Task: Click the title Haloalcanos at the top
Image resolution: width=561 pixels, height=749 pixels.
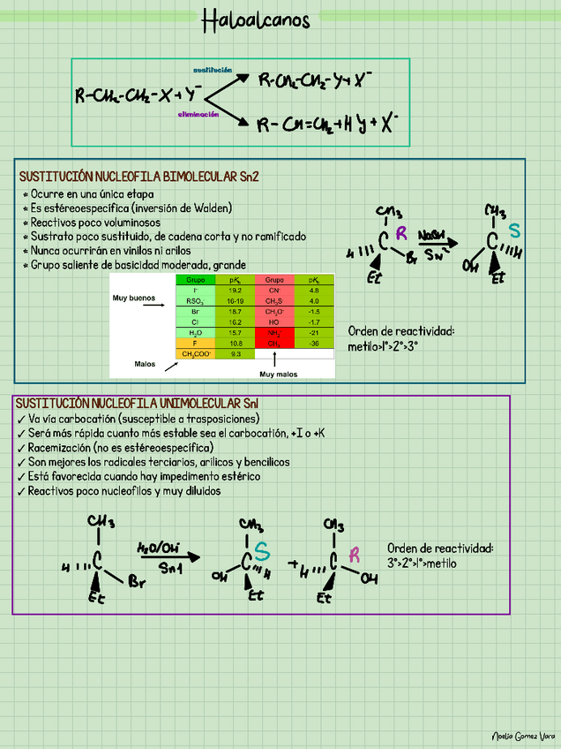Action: pyautogui.click(x=256, y=20)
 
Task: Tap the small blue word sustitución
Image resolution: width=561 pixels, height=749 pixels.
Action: pyautogui.click(x=213, y=69)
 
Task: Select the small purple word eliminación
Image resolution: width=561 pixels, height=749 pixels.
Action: pyautogui.click(x=198, y=115)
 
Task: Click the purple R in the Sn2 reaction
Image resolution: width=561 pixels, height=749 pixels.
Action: pyautogui.click(x=401, y=233)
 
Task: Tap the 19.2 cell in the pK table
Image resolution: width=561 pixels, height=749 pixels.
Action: pyautogui.click(x=235, y=290)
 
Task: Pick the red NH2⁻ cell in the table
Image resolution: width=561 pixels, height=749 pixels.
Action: pyautogui.click(x=273, y=332)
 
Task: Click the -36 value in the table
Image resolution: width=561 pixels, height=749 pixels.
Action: pyautogui.click(x=314, y=343)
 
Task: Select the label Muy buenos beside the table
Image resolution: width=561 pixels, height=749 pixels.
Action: pyautogui.click(x=133, y=299)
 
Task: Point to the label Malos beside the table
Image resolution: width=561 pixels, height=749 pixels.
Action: pyautogui.click(x=145, y=363)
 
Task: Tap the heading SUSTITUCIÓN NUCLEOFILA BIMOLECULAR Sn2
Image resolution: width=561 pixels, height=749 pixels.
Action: pyautogui.click(x=138, y=176)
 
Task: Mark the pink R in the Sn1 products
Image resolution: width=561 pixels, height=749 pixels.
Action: pyautogui.click(x=355, y=555)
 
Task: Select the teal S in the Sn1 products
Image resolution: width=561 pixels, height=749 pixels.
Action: pyautogui.click(x=262, y=552)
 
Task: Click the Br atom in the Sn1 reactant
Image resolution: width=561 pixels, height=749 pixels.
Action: pyautogui.click(x=137, y=583)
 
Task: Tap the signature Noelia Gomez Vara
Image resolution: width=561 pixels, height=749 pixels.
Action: pyautogui.click(x=523, y=736)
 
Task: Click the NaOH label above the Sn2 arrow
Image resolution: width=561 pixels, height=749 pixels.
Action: pyautogui.click(x=432, y=234)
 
